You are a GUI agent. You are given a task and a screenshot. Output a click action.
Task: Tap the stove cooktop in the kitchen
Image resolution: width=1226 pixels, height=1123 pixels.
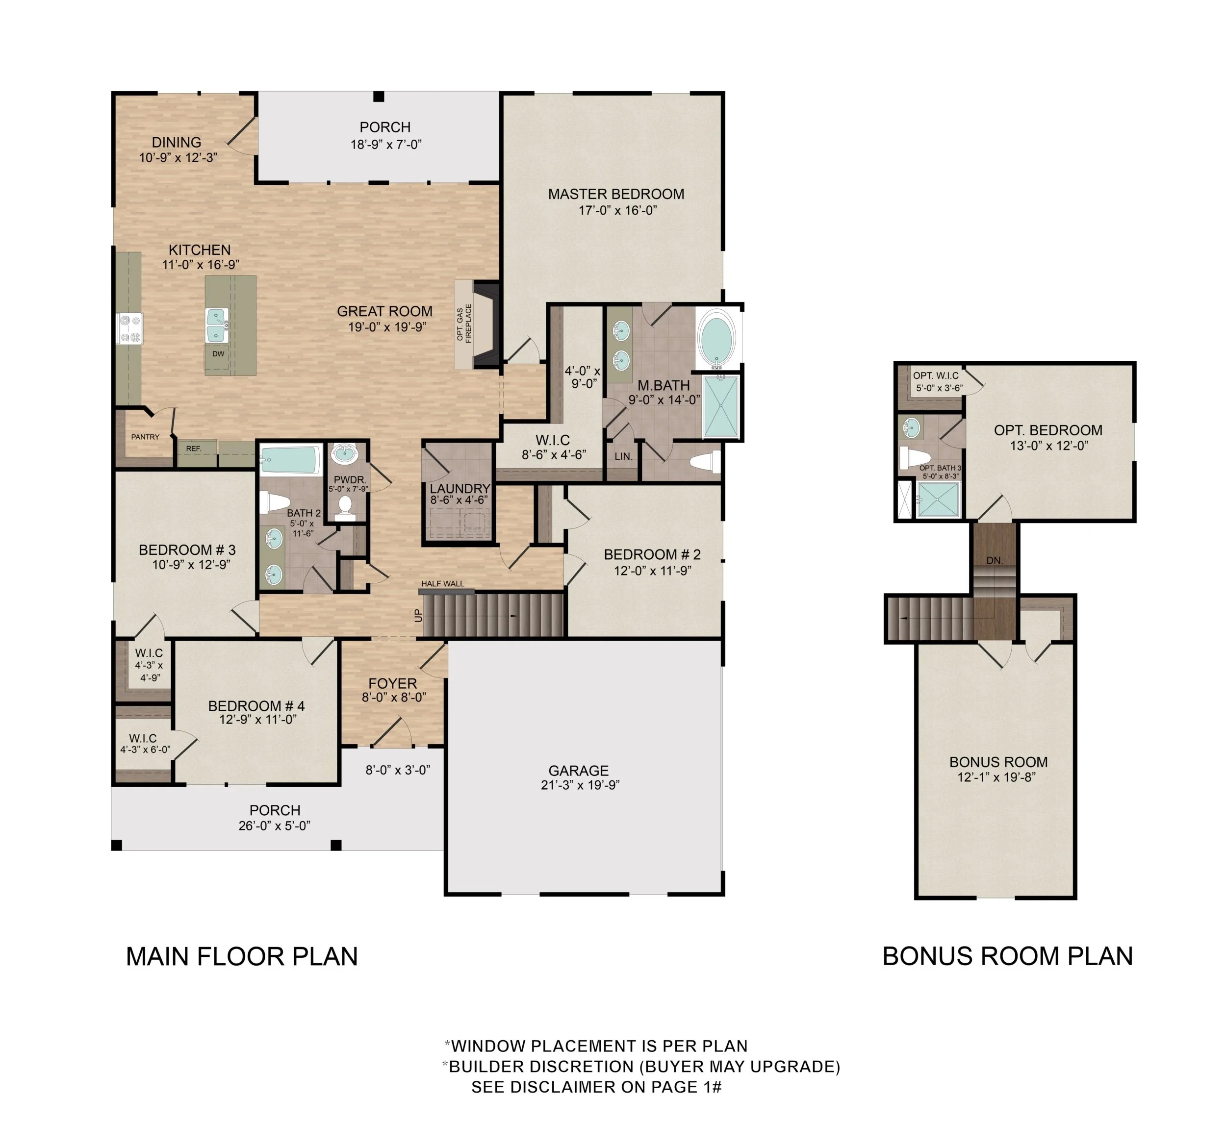(x=129, y=328)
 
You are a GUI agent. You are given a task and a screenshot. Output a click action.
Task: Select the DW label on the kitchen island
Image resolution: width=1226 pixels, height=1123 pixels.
(x=218, y=354)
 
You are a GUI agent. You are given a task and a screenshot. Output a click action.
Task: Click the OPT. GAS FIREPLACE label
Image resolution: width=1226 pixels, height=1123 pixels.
(x=464, y=323)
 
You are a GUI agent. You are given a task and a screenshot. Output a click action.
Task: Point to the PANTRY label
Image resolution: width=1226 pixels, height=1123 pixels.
(x=145, y=437)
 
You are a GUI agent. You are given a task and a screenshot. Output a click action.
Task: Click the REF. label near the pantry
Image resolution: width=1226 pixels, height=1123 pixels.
(x=193, y=449)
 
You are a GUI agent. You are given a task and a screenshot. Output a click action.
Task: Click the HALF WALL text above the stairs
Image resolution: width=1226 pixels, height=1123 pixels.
(x=442, y=584)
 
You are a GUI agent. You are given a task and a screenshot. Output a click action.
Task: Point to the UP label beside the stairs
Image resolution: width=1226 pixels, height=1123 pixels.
(x=418, y=616)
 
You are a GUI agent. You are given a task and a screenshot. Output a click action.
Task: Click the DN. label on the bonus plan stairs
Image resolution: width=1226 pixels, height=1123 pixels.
(x=995, y=561)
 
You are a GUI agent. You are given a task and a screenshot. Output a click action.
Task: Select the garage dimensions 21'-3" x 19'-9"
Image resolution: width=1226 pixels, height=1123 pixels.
(x=580, y=785)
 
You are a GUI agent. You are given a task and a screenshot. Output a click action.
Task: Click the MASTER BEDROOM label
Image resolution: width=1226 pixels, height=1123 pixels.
(x=616, y=194)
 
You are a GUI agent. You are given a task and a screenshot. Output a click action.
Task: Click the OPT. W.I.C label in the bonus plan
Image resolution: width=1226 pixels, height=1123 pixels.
(x=935, y=376)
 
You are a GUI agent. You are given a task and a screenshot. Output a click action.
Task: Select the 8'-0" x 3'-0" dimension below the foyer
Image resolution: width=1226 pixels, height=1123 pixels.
(x=398, y=770)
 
